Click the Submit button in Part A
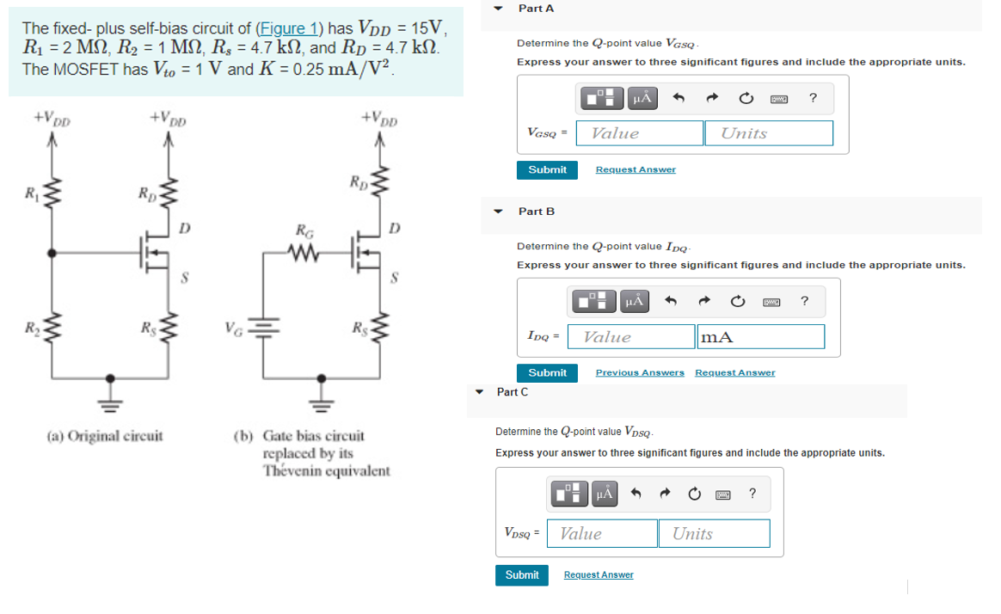click(x=547, y=169)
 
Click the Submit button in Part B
click(x=547, y=372)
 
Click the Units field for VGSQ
click(x=768, y=133)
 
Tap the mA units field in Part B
click(x=760, y=337)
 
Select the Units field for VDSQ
click(x=714, y=533)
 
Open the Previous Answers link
click(x=640, y=372)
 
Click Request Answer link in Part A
click(x=636, y=169)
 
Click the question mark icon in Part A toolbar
click(x=813, y=97)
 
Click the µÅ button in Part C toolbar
click(x=605, y=494)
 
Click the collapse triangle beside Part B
click(x=499, y=211)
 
